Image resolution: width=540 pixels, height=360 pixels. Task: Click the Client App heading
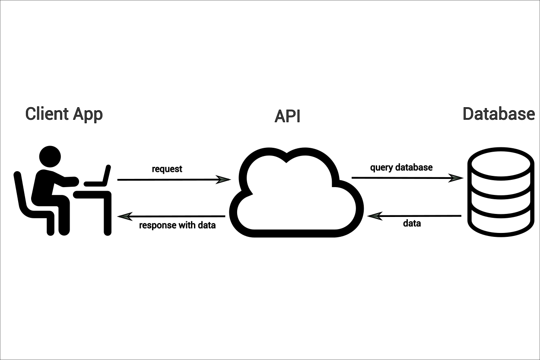pyautogui.click(x=64, y=114)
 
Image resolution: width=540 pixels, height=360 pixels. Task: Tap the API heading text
pyautogui.click(x=287, y=117)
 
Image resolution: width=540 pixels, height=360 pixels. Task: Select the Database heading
pyautogui.click(x=499, y=114)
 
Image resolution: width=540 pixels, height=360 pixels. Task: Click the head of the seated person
pyautogui.click(x=50, y=156)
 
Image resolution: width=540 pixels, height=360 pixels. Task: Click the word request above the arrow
pyautogui.click(x=167, y=169)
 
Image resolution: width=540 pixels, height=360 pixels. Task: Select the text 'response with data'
pyautogui.click(x=177, y=225)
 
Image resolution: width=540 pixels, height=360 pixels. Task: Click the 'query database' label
pyautogui.click(x=401, y=167)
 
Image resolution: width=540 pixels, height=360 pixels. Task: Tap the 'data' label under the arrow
pyautogui.click(x=412, y=223)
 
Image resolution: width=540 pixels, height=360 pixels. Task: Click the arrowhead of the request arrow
pyautogui.click(x=224, y=179)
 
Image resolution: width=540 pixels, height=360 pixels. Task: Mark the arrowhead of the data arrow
pyautogui.click(x=375, y=216)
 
